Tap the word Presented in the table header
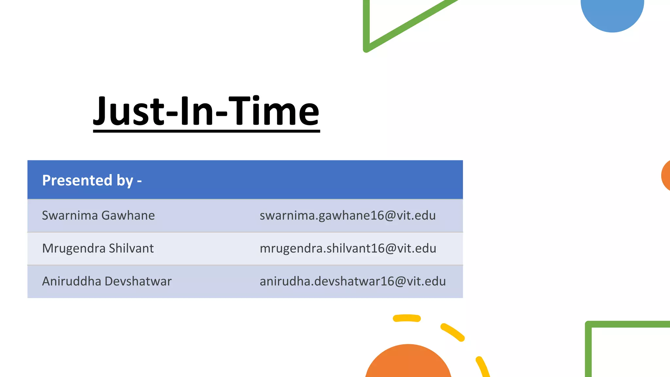coord(77,180)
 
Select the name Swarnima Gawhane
coord(98,216)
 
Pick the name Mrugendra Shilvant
coord(98,248)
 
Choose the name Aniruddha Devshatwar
coord(107,281)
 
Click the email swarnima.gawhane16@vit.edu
coord(347,216)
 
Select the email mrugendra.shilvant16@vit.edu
coord(348,248)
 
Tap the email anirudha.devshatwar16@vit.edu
coord(353,281)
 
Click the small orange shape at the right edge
coord(666,176)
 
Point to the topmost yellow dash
coord(407,318)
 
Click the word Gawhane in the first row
coord(128,216)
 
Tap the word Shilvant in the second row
coord(131,248)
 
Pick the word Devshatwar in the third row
coord(138,281)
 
